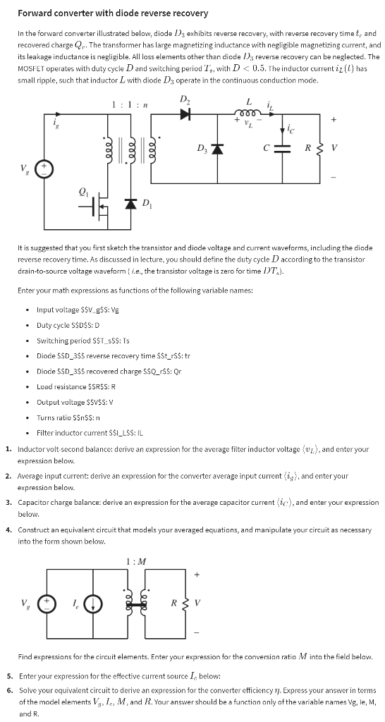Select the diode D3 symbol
[x=219, y=149]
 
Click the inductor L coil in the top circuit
[x=248, y=113]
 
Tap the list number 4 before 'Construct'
[x=8, y=529]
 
